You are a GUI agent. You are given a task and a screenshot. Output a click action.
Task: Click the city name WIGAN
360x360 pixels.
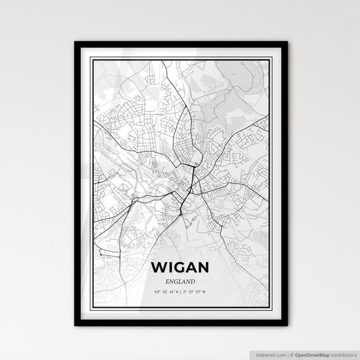click(x=180, y=267)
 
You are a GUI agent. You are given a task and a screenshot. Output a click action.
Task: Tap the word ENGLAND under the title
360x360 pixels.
click(x=180, y=282)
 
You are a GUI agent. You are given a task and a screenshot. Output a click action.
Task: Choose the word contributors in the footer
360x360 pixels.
click(x=342, y=354)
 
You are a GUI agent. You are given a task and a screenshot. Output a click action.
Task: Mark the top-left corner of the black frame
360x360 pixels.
click(x=76, y=43)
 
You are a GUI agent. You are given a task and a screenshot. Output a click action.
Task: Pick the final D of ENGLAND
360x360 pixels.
click(x=194, y=282)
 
